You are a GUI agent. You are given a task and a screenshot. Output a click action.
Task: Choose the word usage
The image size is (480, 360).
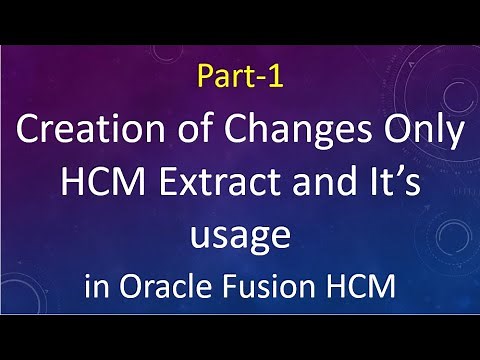click(x=240, y=236)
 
